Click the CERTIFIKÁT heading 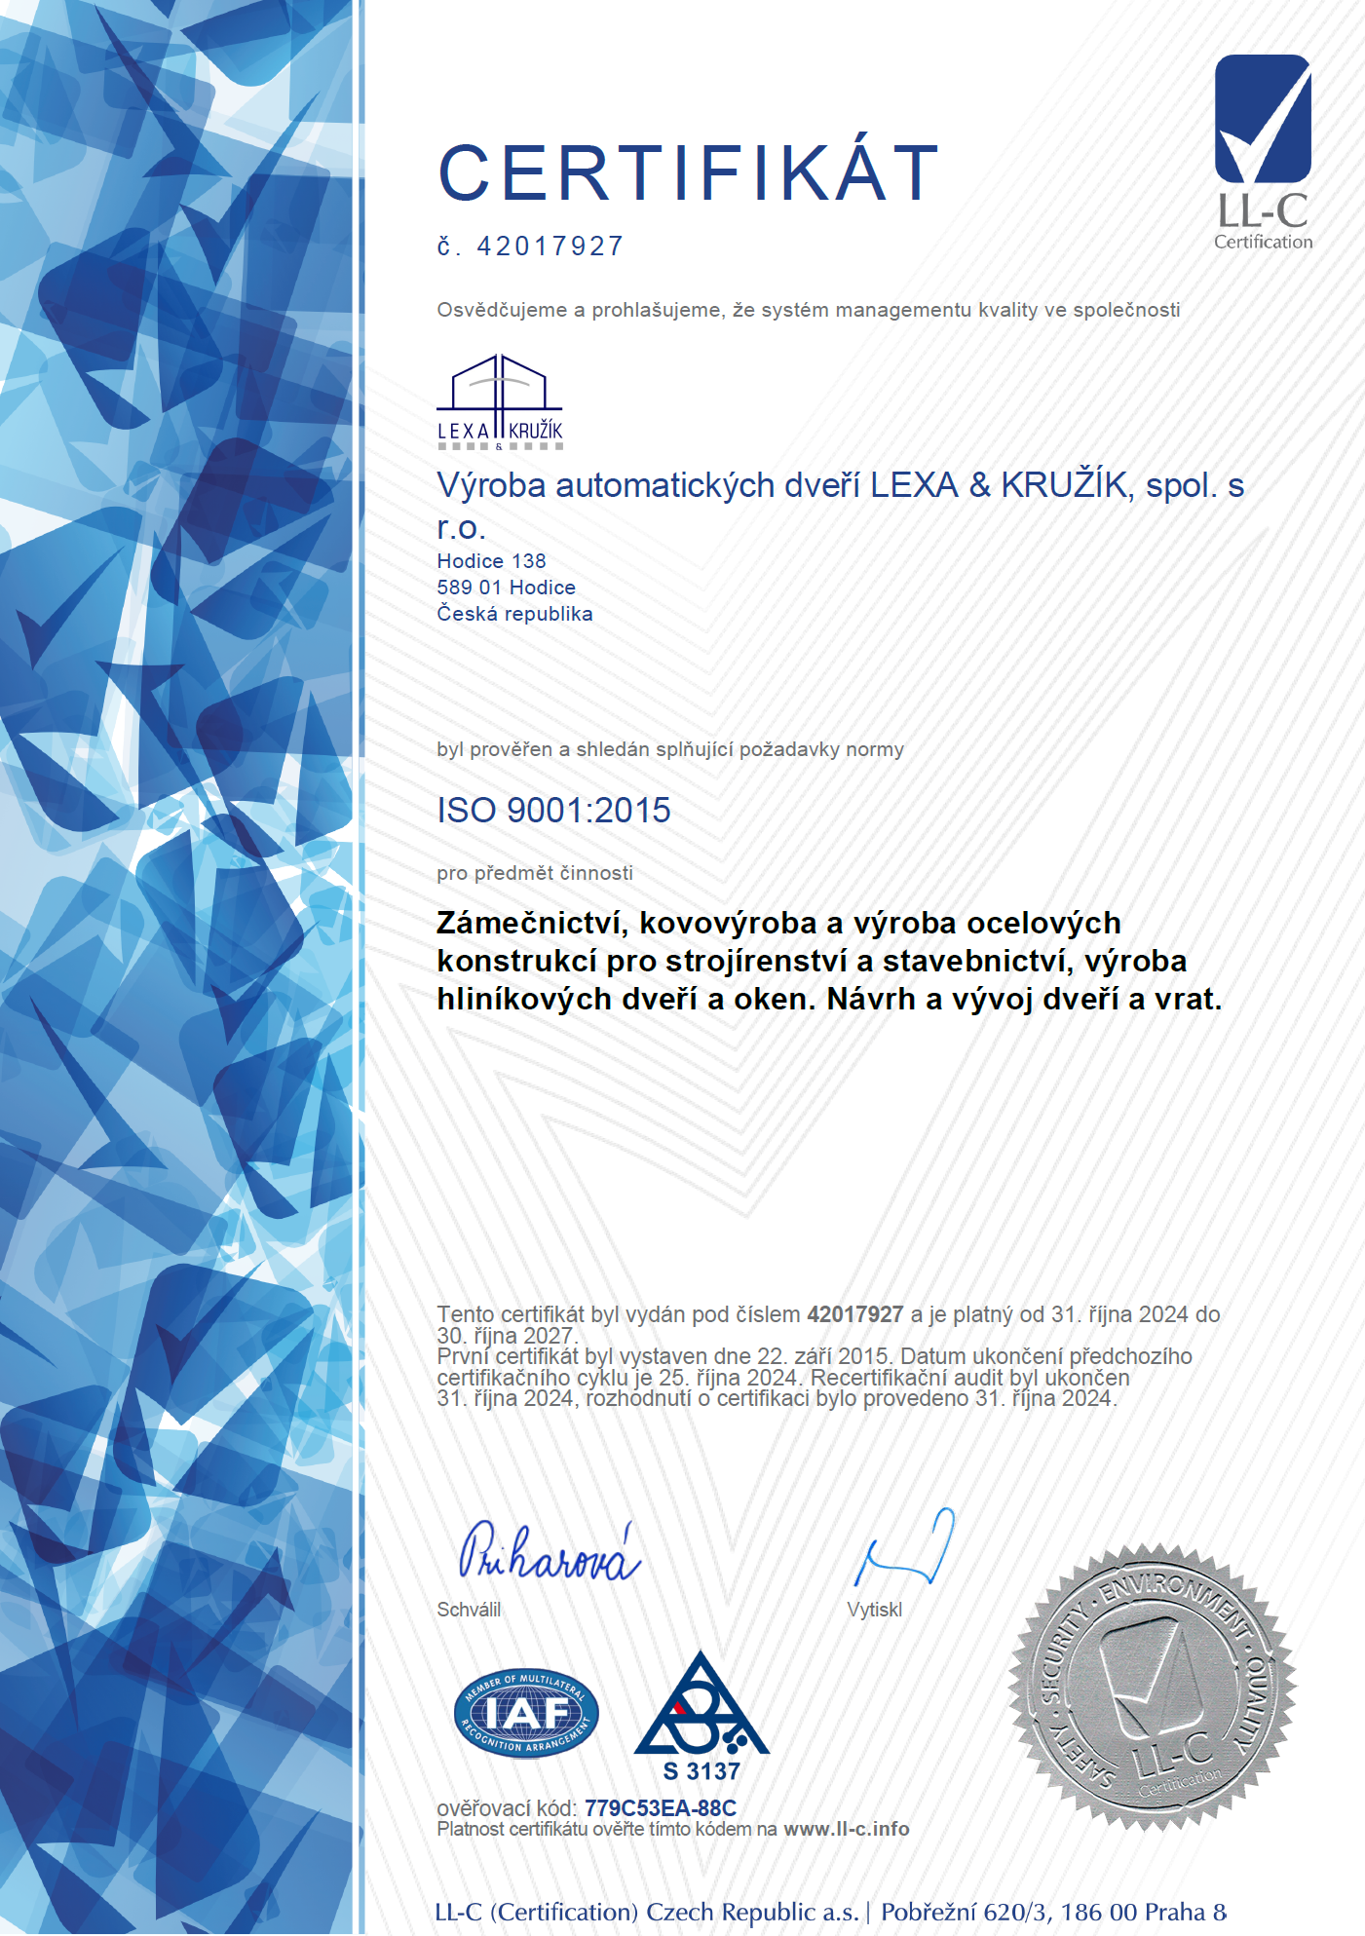tap(688, 173)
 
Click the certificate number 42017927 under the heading tap(550, 247)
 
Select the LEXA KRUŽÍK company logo tap(500, 401)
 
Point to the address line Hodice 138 tap(491, 561)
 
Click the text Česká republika tap(514, 614)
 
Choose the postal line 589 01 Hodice tap(506, 588)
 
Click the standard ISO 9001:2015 tap(553, 811)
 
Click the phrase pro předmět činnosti tap(535, 873)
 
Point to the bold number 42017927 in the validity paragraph tap(854, 1314)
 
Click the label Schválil tap(469, 1610)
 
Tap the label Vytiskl tap(874, 1610)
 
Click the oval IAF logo tap(526, 1713)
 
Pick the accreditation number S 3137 tap(701, 1770)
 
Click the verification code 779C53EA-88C tap(660, 1808)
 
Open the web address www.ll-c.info tap(846, 1829)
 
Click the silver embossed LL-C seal tap(1152, 1687)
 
